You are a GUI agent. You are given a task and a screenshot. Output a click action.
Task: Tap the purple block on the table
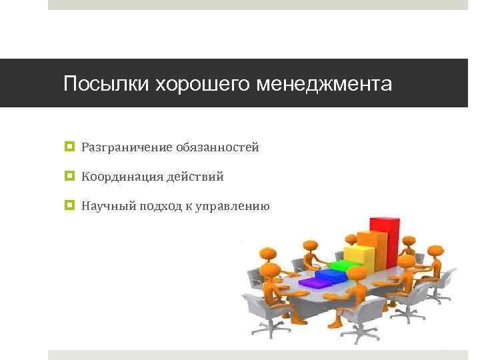(312, 283)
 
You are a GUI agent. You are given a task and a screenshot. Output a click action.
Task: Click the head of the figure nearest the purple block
(269, 269)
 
